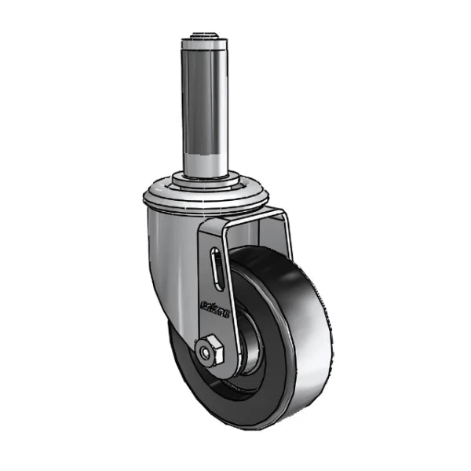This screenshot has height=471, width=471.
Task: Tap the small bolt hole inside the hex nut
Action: [207, 353]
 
